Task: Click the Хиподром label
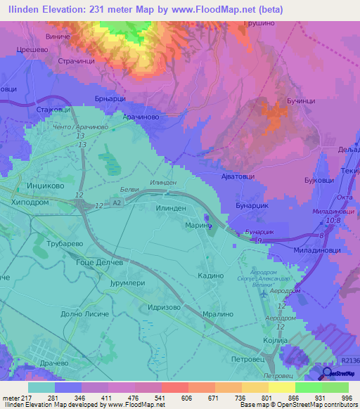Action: point(29,201)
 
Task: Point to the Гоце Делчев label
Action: point(100,261)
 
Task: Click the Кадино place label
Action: point(211,276)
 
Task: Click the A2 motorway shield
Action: point(117,202)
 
